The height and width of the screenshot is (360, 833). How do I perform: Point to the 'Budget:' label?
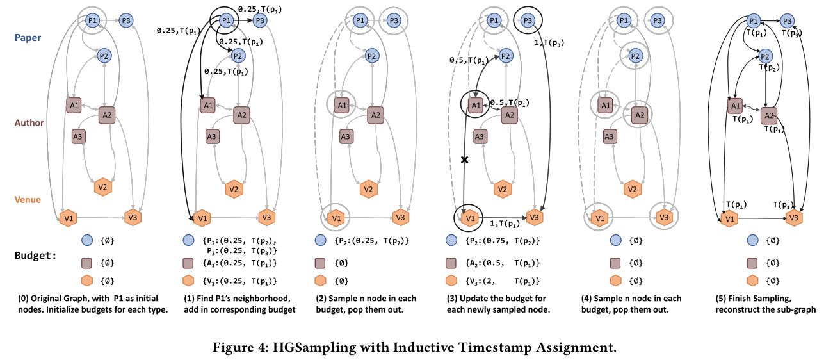(x=35, y=254)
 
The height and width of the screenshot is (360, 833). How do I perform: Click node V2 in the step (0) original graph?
(x=101, y=187)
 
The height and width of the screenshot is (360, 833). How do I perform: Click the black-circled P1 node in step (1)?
(x=226, y=22)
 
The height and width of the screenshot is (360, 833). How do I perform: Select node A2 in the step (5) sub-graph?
(x=768, y=115)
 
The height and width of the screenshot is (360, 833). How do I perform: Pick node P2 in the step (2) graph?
(x=371, y=56)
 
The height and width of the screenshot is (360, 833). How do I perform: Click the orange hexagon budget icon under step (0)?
(x=86, y=280)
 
